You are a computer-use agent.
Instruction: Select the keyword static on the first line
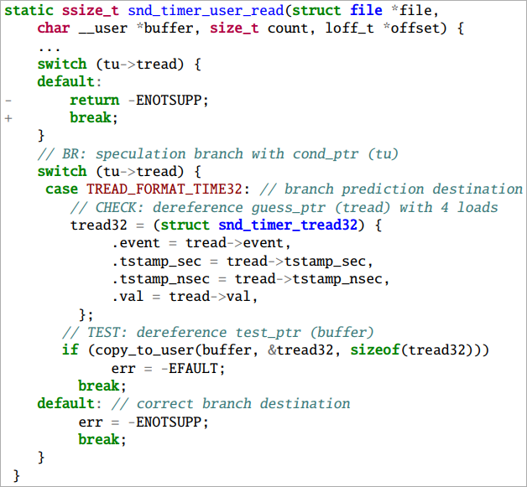(33, 9)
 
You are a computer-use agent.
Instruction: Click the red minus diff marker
(8, 100)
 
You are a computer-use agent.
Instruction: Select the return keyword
(94, 100)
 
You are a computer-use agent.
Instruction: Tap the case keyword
(61, 189)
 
